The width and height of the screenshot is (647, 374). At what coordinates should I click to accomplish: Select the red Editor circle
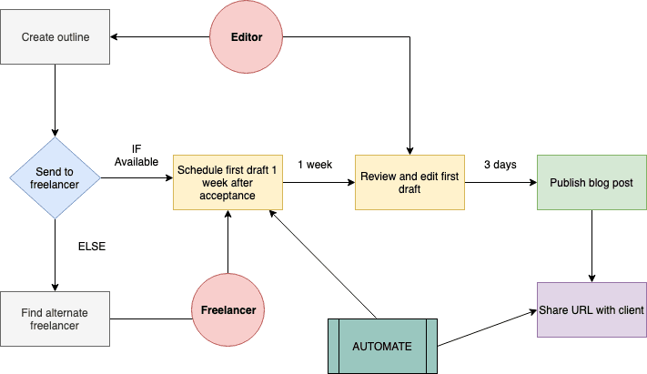coord(247,37)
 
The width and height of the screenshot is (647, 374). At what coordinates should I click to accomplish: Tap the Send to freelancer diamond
coord(55,178)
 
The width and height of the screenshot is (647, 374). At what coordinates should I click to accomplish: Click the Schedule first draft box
coord(227,182)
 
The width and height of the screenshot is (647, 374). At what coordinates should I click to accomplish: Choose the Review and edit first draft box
coord(409,182)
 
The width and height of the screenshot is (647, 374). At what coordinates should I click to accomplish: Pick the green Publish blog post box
coord(591,182)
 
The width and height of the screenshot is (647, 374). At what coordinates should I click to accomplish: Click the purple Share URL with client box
coord(591,309)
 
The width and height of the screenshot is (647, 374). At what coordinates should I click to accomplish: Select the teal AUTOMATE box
coord(382,346)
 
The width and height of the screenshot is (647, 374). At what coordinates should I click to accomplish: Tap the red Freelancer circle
coord(228,309)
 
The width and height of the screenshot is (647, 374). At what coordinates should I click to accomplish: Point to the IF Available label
coord(136,156)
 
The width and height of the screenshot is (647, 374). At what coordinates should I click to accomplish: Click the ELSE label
coord(94,246)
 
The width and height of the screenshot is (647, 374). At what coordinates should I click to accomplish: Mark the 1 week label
coord(314,165)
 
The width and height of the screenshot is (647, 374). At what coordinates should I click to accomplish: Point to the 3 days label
coord(500,165)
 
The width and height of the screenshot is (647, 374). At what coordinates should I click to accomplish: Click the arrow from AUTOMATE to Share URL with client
coord(487,329)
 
